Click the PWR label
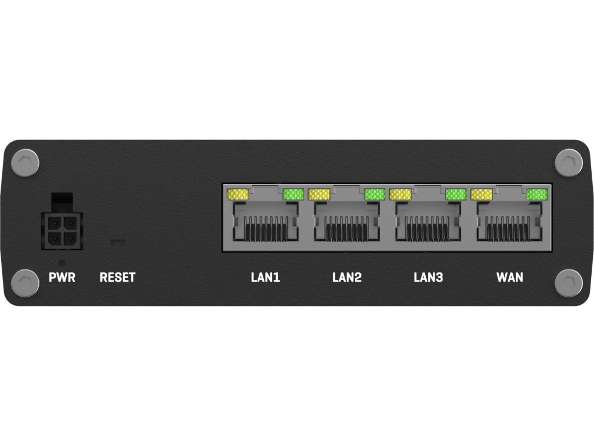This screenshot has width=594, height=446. pyautogui.click(x=62, y=278)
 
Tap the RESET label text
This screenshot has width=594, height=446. pyautogui.click(x=117, y=278)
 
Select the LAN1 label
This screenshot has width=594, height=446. pyautogui.click(x=266, y=278)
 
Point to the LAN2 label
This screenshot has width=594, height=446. pyautogui.click(x=347, y=278)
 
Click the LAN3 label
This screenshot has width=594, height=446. pyautogui.click(x=428, y=278)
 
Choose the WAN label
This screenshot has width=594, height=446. pyautogui.click(x=510, y=278)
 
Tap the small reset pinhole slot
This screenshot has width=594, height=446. pyautogui.click(x=118, y=240)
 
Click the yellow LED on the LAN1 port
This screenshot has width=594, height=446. pyautogui.click(x=238, y=194)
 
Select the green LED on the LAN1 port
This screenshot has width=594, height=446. pyautogui.click(x=294, y=194)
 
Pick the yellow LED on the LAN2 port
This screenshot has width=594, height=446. pyautogui.click(x=319, y=194)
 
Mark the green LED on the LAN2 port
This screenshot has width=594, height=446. pyautogui.click(x=375, y=194)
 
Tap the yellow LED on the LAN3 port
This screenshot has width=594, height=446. pyautogui.click(x=400, y=194)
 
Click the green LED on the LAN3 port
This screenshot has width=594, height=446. pyautogui.click(x=456, y=194)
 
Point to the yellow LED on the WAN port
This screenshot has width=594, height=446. pyautogui.click(x=481, y=194)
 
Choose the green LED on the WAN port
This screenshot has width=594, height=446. pyautogui.click(x=537, y=194)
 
